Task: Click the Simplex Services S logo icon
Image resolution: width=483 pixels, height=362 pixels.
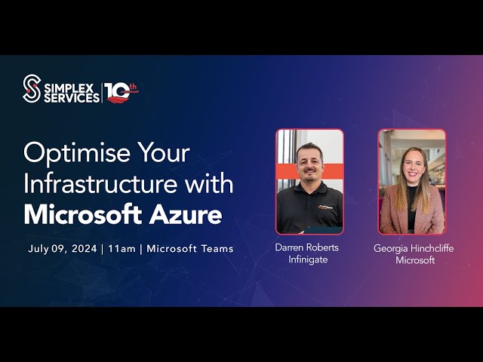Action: point(31,88)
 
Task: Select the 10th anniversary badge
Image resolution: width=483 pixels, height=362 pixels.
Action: point(121,92)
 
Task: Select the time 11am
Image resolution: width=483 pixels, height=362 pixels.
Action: point(122,248)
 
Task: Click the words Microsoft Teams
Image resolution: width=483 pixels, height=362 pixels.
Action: point(190,248)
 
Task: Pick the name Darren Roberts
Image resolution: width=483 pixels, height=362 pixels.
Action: point(307,247)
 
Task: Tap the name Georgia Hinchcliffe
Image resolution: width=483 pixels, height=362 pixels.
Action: point(414,248)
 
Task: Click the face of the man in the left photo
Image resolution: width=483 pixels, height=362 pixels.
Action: point(309,159)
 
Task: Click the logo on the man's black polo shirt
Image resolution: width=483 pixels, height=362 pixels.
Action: point(327,205)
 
